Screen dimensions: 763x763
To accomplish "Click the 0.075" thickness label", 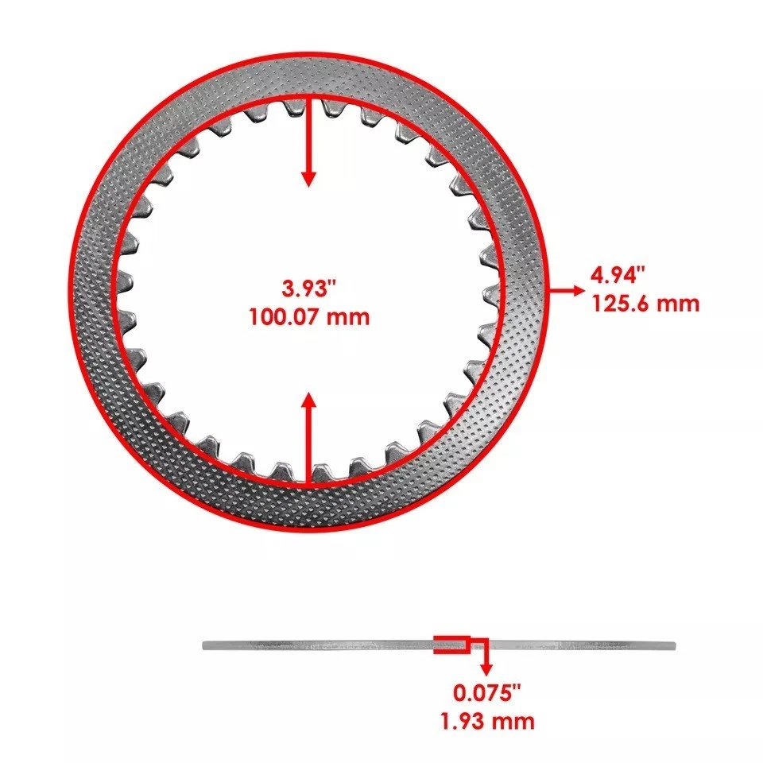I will point(487,692).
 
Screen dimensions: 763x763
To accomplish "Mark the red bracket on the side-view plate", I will point(451,645).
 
